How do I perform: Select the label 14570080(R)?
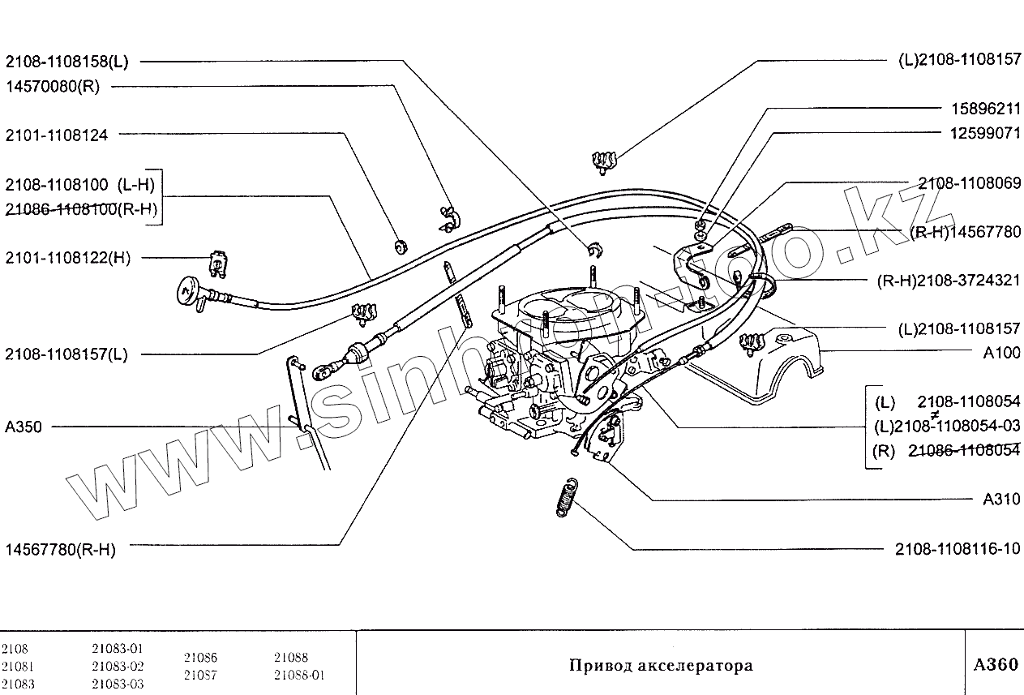click(52, 88)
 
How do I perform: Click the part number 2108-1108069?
click(970, 183)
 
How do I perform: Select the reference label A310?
click(1001, 500)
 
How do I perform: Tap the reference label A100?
click(1001, 353)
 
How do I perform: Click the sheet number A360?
click(995, 665)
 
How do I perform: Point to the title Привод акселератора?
click(661, 666)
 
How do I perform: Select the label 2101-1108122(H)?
click(67, 258)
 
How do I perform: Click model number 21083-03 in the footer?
click(118, 684)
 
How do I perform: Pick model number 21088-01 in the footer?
click(299, 675)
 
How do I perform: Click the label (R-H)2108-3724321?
click(949, 281)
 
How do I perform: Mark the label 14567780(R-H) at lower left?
click(60, 550)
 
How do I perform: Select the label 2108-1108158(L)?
click(66, 62)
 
